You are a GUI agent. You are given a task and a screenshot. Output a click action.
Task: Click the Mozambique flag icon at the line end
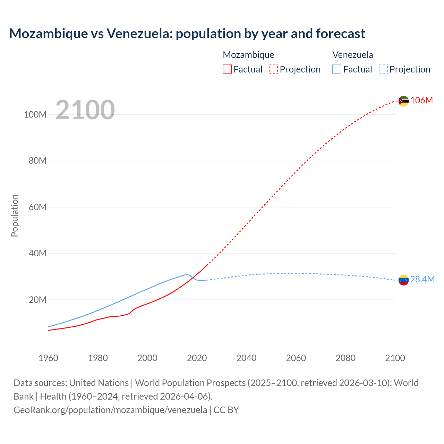[403, 101]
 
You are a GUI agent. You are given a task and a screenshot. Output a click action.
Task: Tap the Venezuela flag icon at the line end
[403, 280]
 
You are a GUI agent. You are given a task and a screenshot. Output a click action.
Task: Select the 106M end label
[421, 101]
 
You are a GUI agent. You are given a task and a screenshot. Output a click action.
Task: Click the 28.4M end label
[422, 280]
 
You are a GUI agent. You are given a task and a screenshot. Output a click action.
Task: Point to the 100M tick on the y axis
[35, 115]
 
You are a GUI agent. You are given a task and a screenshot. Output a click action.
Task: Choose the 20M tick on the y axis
[37, 300]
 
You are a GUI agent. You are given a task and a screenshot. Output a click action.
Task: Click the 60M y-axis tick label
[37, 207]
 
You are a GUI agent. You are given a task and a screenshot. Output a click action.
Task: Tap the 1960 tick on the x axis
[48, 358]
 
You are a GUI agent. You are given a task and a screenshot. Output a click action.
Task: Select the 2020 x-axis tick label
[197, 358]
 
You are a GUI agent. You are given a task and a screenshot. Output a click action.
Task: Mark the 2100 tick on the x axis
[395, 358]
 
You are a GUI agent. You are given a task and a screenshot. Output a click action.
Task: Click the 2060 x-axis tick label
[296, 358]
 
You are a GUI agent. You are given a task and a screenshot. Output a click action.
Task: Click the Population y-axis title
[15, 215]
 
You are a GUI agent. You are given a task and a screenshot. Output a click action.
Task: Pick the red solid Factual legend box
[227, 69]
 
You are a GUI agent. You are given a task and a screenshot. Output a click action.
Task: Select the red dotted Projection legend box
[273, 69]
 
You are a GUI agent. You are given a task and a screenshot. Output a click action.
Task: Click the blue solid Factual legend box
[336, 69]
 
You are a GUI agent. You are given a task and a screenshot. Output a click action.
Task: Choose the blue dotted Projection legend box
[383, 69]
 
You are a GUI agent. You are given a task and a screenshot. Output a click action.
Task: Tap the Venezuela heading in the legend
[353, 55]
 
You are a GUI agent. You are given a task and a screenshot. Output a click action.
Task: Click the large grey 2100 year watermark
[85, 110]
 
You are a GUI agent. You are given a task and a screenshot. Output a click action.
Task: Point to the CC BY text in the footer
[226, 410]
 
